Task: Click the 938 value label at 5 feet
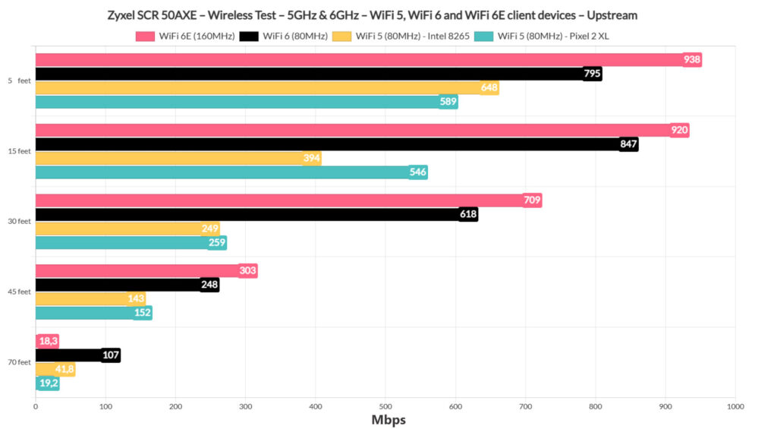691,60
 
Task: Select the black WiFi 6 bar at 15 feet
334,144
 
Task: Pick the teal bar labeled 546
228,172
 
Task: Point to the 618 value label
468,215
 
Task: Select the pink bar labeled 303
144,271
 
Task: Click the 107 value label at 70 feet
110,355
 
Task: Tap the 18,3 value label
49,342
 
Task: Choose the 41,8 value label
64,370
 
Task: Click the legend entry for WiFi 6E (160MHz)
185,36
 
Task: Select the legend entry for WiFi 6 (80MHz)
285,36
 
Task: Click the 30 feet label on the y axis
20,222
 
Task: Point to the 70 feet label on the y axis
20,363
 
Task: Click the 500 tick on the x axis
385,407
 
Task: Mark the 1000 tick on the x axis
735,407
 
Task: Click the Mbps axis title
388,420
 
